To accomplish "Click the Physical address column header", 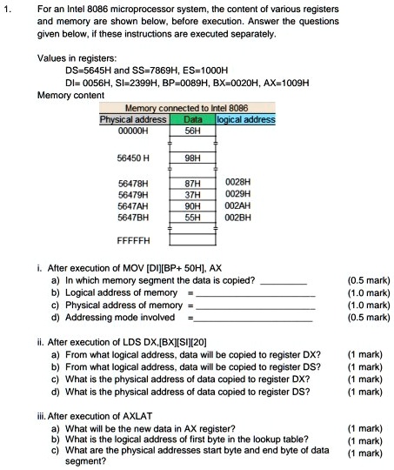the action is (x=133, y=118).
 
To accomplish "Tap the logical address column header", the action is (x=246, y=118).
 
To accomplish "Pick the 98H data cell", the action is (x=193, y=158).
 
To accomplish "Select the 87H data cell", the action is (x=193, y=184).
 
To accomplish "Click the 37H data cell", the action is (x=193, y=193).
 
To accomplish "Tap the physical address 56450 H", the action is (x=134, y=158).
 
